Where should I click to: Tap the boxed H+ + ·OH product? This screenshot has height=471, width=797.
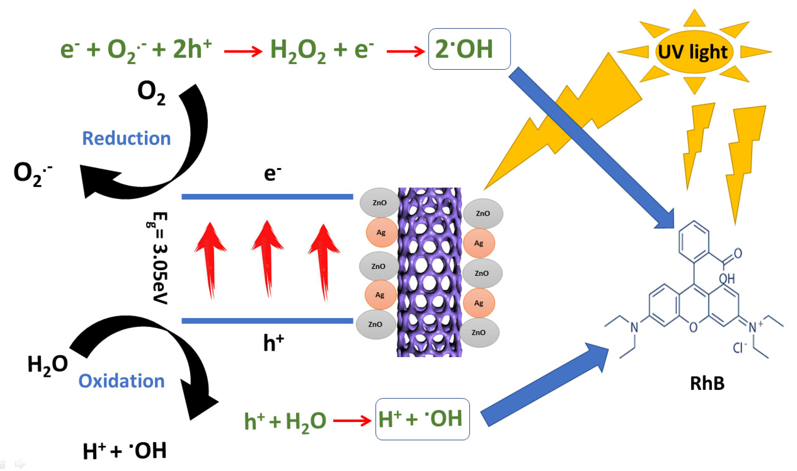tap(422, 419)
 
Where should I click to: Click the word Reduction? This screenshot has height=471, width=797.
tap(126, 138)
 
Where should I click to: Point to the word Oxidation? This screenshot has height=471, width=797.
tap(121, 381)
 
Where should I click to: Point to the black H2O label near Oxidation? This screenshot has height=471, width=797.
tap(48, 364)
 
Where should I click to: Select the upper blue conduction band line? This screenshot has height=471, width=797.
tap(267, 197)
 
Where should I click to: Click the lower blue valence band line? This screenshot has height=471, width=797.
tap(267, 321)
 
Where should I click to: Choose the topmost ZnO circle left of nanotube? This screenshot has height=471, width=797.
tap(380, 202)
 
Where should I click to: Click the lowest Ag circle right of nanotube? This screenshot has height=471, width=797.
tap(479, 303)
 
